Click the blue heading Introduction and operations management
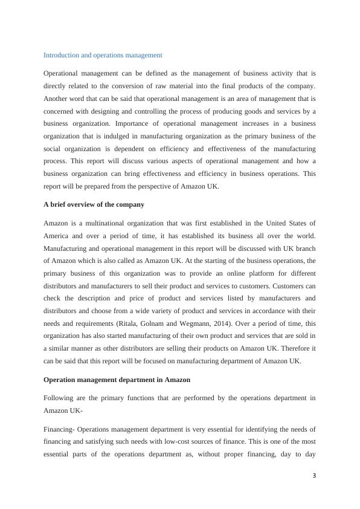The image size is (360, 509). tap(103, 55)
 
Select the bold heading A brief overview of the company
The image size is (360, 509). tap(94, 204)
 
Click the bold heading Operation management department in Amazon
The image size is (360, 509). tap(117, 380)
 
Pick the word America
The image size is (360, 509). tap(56, 236)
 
